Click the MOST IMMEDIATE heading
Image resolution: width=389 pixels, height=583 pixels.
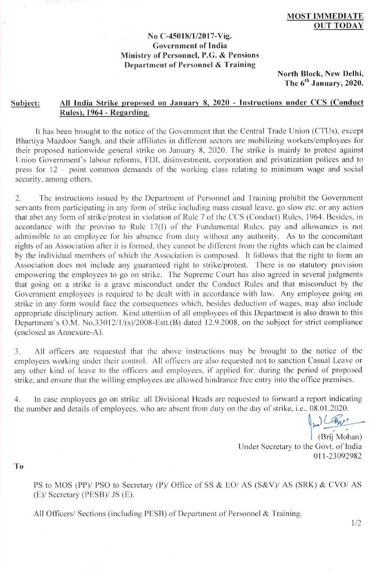click(x=325, y=16)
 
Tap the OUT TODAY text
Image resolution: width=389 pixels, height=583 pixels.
click(x=338, y=26)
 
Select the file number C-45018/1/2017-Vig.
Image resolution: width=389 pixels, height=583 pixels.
click(x=190, y=36)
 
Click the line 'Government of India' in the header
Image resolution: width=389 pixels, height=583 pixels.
click(x=190, y=46)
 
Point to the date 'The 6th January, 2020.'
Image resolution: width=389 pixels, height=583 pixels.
click(x=324, y=83)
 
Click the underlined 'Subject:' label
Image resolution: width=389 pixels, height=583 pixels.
click(x=25, y=103)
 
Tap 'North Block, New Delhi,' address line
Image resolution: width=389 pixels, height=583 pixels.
click(x=320, y=74)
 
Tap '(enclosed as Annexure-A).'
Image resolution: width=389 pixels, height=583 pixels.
click(x=59, y=332)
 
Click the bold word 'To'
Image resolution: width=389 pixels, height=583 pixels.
click(x=19, y=466)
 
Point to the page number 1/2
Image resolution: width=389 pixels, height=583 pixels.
click(x=356, y=523)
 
